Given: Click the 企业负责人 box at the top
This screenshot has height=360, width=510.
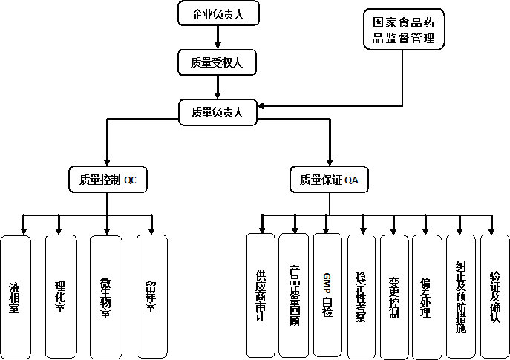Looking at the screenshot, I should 217,13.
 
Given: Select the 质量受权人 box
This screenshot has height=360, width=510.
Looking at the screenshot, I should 217,62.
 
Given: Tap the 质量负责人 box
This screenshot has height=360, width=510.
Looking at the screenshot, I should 217,112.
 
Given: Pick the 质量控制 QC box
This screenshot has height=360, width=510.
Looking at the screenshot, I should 108,180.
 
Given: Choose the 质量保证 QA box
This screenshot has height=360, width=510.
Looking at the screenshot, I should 330,180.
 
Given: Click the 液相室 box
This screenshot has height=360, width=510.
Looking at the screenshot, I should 16,296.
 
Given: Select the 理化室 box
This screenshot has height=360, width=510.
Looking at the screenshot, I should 60,296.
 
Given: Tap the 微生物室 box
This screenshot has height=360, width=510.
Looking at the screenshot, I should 105,296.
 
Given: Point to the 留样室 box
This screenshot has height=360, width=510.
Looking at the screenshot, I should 151,296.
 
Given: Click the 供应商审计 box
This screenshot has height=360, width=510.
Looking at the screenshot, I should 261,296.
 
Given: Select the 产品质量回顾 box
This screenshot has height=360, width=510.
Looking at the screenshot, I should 294,296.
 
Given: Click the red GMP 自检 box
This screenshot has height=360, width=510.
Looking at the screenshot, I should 327,296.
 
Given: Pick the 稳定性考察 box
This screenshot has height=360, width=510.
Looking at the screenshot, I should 362,296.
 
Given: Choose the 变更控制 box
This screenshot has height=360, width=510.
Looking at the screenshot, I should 394,296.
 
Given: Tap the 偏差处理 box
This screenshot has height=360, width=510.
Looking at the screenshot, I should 427,296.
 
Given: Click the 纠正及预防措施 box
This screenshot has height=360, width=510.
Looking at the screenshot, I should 460,296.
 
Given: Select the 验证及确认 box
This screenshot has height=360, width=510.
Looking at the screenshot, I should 494,296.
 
